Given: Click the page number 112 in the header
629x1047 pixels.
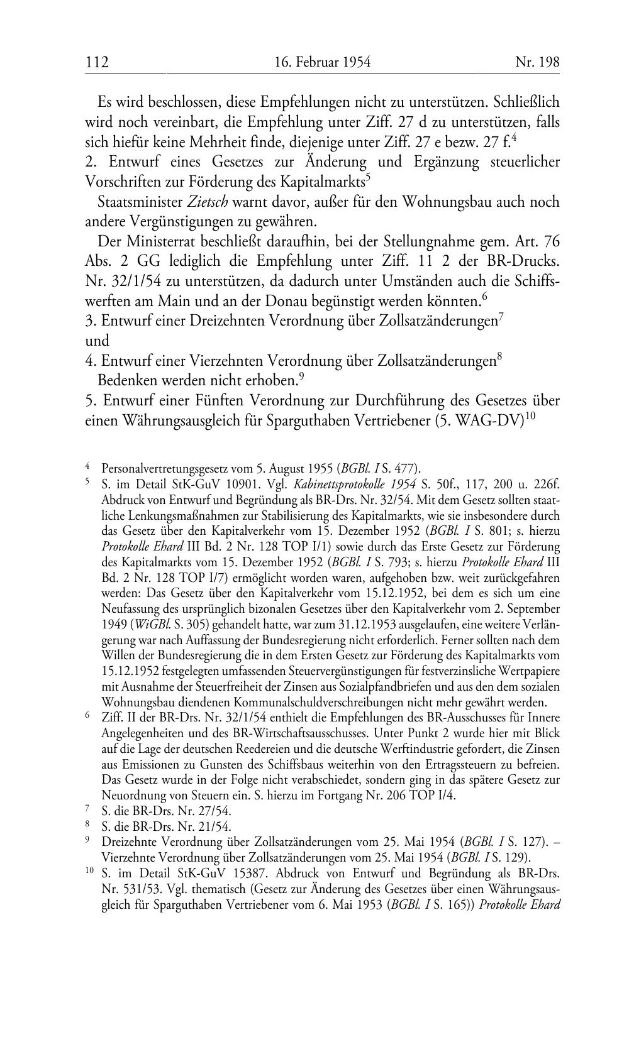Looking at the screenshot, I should point(97,62).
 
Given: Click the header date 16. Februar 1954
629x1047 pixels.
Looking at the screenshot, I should point(323,62).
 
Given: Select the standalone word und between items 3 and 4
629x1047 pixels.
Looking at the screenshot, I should point(97,341).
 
